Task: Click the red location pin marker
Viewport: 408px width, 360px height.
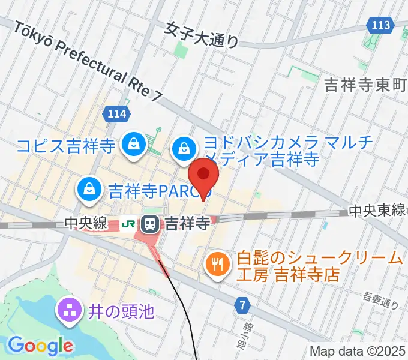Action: (203, 175)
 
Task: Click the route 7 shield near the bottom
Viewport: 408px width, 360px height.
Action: (242, 305)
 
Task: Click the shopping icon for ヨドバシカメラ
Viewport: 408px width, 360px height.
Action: (184, 147)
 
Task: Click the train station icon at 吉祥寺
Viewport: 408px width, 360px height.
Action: (149, 224)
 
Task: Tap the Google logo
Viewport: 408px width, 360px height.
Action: (40, 346)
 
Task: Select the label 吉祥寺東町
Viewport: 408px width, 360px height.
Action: (365, 84)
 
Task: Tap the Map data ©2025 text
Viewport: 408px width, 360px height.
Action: (358, 351)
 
